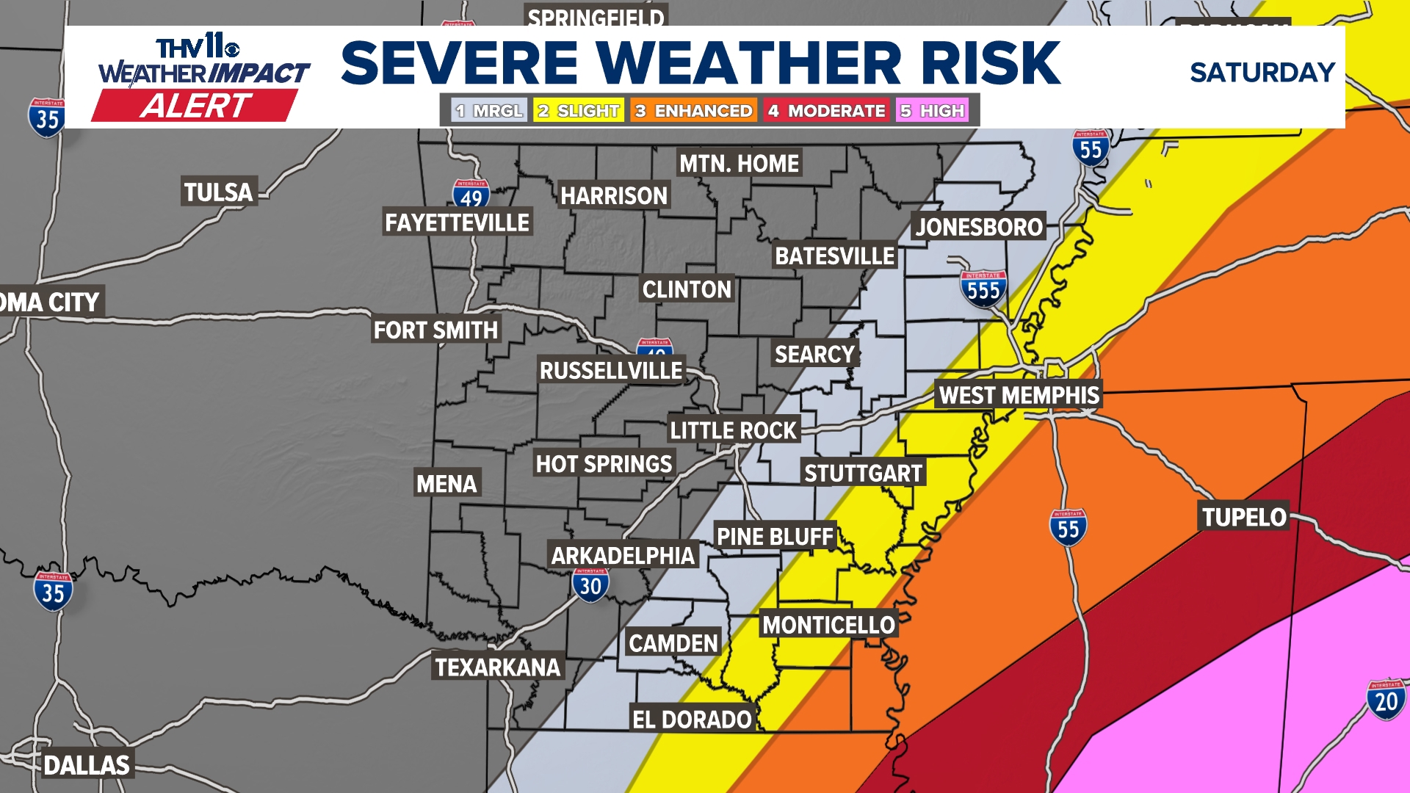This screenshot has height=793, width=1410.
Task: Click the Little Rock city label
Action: pyautogui.click(x=733, y=430)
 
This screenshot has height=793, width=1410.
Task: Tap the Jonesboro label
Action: pyautogui.click(x=978, y=227)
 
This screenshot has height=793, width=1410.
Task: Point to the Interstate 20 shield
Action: pyautogui.click(x=1386, y=700)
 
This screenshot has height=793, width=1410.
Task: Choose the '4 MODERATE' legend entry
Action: pyautogui.click(x=826, y=111)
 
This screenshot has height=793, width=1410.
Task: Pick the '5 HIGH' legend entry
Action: pyautogui.click(x=932, y=111)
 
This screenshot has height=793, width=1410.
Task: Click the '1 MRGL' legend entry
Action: pyautogui.click(x=489, y=111)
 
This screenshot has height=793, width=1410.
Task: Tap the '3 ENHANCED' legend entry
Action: pyautogui.click(x=693, y=111)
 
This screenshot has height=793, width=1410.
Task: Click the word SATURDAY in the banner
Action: pyautogui.click(x=1262, y=73)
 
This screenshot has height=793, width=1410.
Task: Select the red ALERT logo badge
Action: pyautogui.click(x=195, y=106)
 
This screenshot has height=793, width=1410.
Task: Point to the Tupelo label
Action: pyautogui.click(x=1243, y=517)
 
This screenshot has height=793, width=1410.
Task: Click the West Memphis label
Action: pyautogui.click(x=1019, y=395)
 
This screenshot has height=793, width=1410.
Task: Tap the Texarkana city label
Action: pyautogui.click(x=497, y=667)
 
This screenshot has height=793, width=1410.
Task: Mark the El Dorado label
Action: pyautogui.click(x=692, y=720)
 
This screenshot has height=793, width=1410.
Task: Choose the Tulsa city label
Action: pyautogui.click(x=218, y=192)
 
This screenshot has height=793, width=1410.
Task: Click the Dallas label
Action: pyautogui.click(x=87, y=765)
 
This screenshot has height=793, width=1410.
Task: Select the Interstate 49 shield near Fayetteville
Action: pyautogui.click(x=471, y=195)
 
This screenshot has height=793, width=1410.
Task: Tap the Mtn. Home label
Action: pyautogui.click(x=739, y=163)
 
